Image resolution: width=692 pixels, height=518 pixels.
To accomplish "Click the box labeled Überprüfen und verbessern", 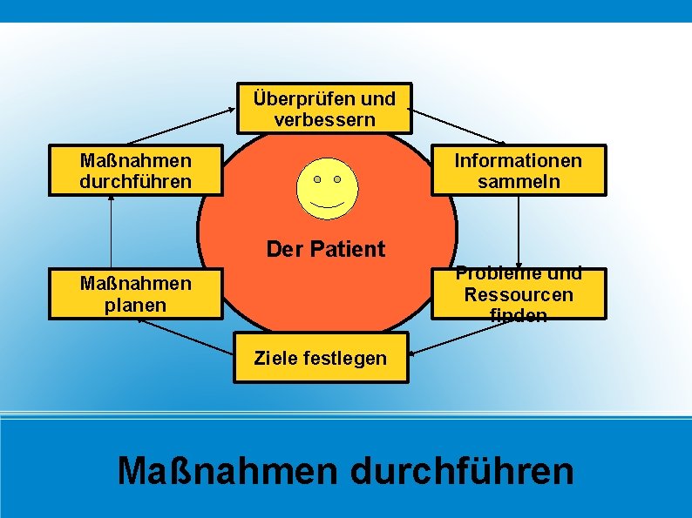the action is [x=323, y=109].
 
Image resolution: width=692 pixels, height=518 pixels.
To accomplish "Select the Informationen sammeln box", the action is [x=519, y=171].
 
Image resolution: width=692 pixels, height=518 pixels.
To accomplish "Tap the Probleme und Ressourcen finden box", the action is [x=519, y=294].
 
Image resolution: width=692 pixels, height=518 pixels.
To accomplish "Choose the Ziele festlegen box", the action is [x=320, y=358].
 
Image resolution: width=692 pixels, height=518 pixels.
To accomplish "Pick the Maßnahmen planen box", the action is [x=135, y=294].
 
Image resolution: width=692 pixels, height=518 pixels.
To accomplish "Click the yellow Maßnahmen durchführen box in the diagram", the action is [x=135, y=171].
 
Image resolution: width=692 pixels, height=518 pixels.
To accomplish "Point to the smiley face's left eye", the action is [x=317, y=179].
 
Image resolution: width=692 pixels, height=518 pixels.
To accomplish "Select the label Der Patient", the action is [x=325, y=249].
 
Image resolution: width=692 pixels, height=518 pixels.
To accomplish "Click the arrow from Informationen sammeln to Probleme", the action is [x=519, y=232].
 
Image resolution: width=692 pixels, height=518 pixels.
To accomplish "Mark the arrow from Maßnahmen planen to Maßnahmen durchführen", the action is [x=112, y=232].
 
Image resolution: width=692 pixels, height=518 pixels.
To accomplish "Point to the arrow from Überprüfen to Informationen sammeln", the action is [x=458, y=126].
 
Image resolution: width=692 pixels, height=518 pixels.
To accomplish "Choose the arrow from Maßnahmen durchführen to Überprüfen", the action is [x=181, y=126].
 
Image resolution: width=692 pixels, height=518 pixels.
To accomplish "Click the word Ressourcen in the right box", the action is [x=519, y=294].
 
